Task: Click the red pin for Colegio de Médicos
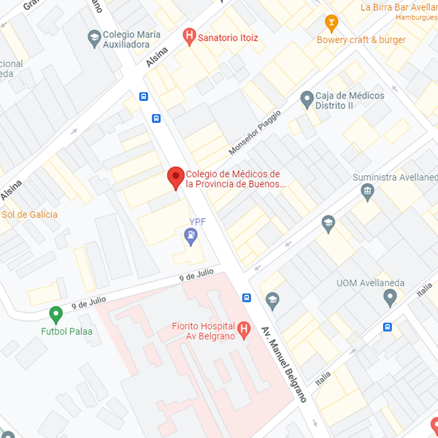pyautogui.click(x=175, y=177)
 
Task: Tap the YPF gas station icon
pyautogui.click(x=191, y=235)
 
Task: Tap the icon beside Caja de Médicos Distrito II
pyautogui.click(x=307, y=97)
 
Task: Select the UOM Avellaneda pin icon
pyautogui.click(x=390, y=297)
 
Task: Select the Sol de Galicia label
pyautogui.click(x=30, y=215)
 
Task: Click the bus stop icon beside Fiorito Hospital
pyautogui.click(x=247, y=297)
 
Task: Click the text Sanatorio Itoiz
pyautogui.click(x=228, y=37)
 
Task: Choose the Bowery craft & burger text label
pyautogui.click(x=361, y=40)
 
